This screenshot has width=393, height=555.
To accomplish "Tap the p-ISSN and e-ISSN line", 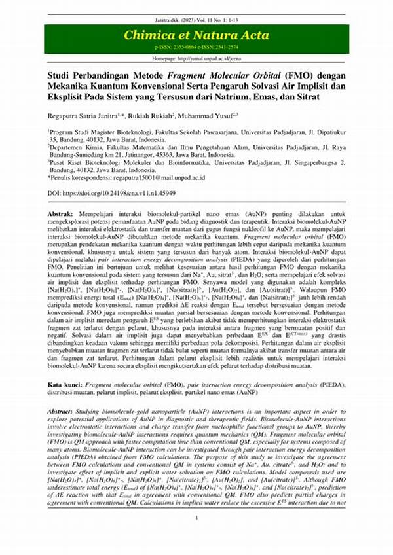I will pos(196,48).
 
